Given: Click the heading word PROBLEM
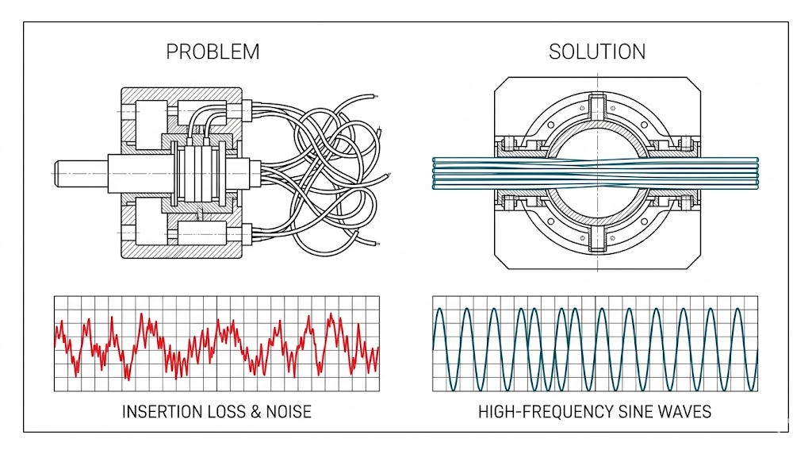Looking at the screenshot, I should click(213, 52).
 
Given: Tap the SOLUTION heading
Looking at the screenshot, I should click(596, 52).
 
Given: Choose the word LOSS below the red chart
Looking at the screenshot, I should click(224, 412).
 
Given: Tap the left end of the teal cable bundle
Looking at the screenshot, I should click(435, 173).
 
